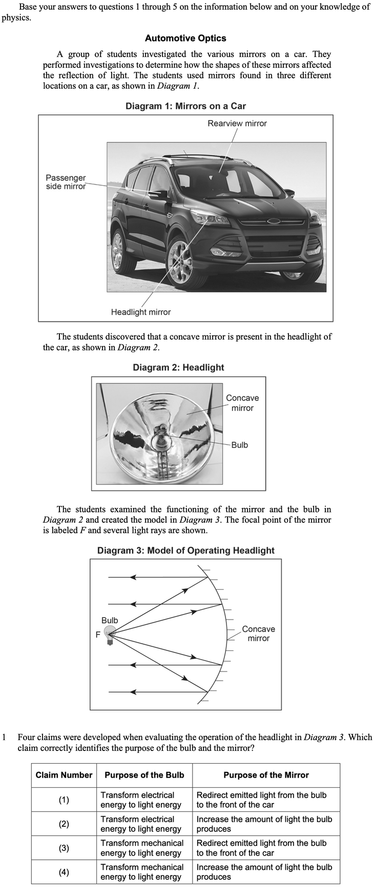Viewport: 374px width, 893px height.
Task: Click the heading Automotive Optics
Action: (x=185, y=38)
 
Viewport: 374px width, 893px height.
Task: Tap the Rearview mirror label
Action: (x=237, y=124)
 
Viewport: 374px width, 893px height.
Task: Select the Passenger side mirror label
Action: (x=66, y=182)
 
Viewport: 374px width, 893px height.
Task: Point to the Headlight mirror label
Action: (x=141, y=312)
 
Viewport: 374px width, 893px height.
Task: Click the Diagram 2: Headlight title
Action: (x=178, y=367)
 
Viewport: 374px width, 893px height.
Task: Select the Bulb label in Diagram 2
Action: (x=239, y=445)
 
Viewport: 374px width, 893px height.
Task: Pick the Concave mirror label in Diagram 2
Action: (x=242, y=403)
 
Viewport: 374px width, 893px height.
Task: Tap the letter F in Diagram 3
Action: (x=98, y=635)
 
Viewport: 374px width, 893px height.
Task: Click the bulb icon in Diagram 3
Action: (x=109, y=634)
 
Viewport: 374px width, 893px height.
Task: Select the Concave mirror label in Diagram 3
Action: (x=258, y=633)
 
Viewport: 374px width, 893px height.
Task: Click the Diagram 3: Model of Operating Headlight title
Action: (x=185, y=550)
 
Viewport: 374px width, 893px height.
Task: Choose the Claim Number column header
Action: (x=64, y=775)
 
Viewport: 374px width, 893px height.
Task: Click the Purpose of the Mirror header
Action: (x=266, y=775)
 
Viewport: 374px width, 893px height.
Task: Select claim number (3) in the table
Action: (x=64, y=848)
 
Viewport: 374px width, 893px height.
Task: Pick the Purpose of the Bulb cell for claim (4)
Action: (x=142, y=872)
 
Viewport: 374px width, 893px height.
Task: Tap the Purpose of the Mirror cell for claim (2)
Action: (x=264, y=824)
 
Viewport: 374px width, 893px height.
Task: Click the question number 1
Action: (x=5, y=737)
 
